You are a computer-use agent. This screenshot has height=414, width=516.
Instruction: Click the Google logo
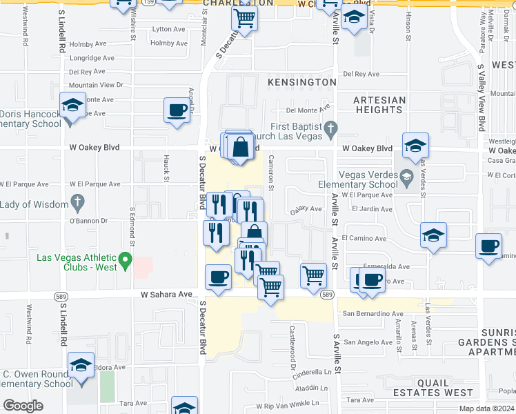23,406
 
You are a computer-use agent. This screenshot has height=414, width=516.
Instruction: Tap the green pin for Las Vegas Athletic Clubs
125,261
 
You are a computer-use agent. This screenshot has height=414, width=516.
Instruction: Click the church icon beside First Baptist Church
331,128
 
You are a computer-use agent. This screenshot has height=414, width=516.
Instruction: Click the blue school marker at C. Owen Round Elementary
81,366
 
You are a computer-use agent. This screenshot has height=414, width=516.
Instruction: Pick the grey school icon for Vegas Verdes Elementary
407,178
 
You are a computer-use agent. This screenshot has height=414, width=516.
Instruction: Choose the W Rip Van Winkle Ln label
292,406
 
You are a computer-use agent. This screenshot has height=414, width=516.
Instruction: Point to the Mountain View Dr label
95,85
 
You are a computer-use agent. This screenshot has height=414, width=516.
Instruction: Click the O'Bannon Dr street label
86,221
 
